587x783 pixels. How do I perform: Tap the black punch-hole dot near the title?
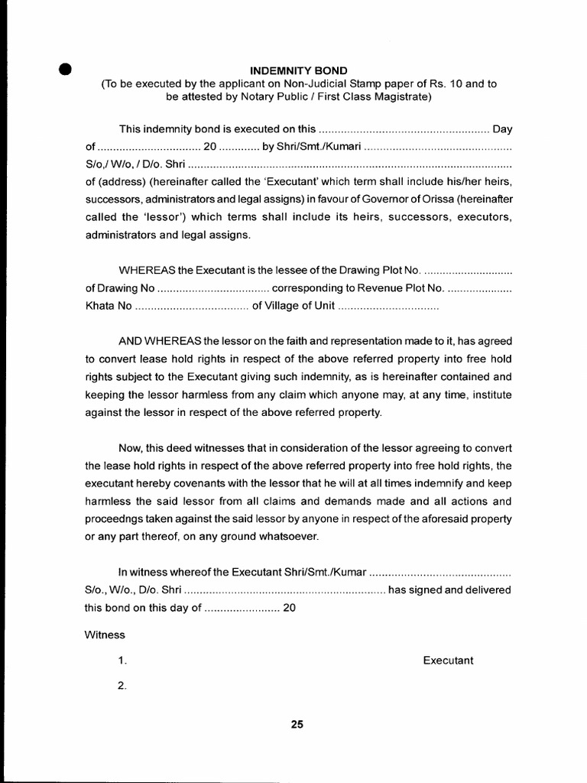tap(66, 69)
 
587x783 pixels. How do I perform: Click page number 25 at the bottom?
tap(297, 726)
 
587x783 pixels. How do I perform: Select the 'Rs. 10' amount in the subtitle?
tap(455, 84)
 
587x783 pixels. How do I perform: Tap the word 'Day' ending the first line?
tap(502, 128)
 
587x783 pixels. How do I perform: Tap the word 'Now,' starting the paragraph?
tap(129, 447)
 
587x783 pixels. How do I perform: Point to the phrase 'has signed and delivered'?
tap(450, 590)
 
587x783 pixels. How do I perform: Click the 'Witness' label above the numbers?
tap(105, 635)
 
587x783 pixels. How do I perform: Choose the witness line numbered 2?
tap(122, 686)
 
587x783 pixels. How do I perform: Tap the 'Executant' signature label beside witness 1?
tap(448, 661)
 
